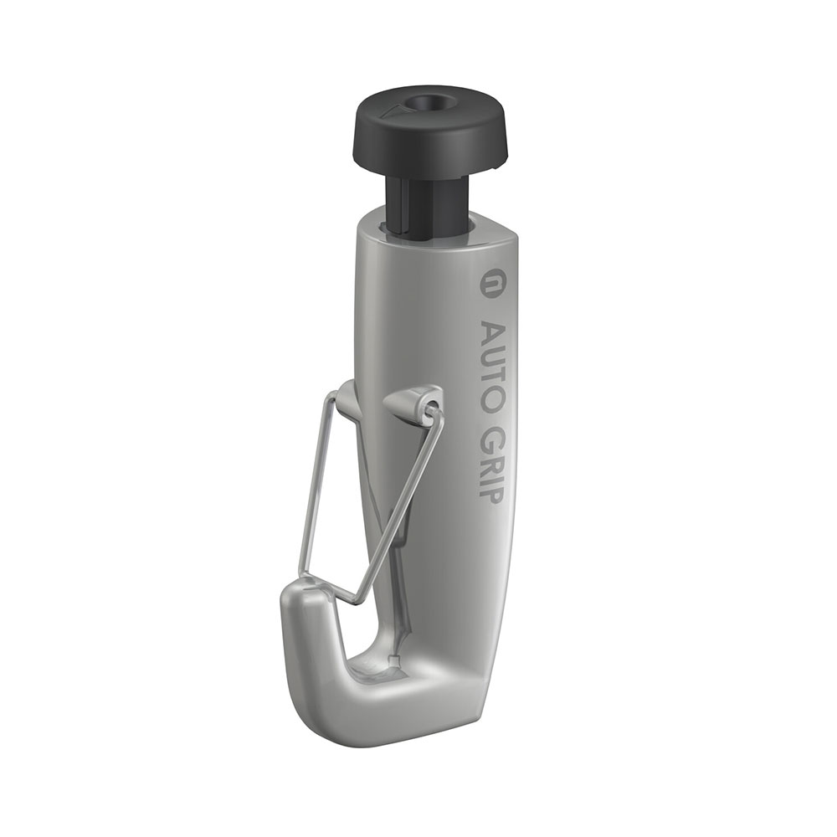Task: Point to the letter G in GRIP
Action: pyautogui.click(x=490, y=435)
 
